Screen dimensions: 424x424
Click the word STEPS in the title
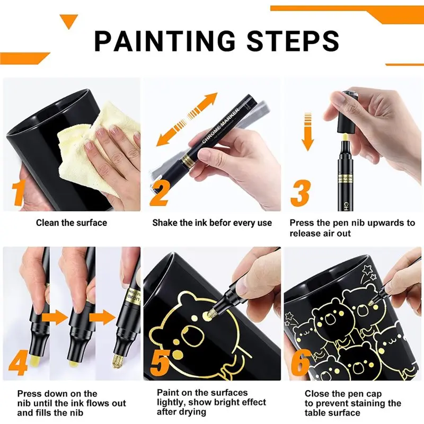(x=286, y=41)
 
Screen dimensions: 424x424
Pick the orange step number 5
(x=160, y=363)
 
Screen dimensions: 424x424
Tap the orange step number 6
(x=300, y=363)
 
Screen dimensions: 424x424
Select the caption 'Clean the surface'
(x=71, y=223)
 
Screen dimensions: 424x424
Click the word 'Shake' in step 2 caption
(x=165, y=223)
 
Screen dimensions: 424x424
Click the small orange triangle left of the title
(x=68, y=21)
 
